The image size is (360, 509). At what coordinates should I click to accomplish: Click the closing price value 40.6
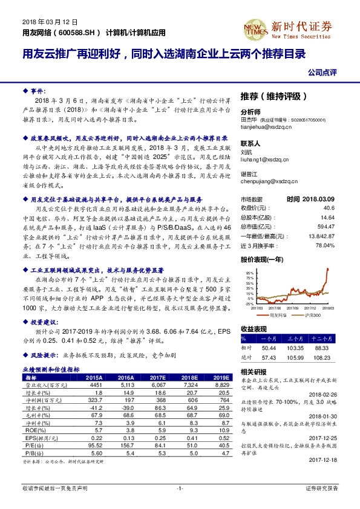(329, 207)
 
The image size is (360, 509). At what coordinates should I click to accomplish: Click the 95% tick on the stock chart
(249, 273)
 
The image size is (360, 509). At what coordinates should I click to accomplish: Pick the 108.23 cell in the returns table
(324, 358)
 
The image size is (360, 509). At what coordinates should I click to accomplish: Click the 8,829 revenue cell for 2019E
(219, 384)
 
